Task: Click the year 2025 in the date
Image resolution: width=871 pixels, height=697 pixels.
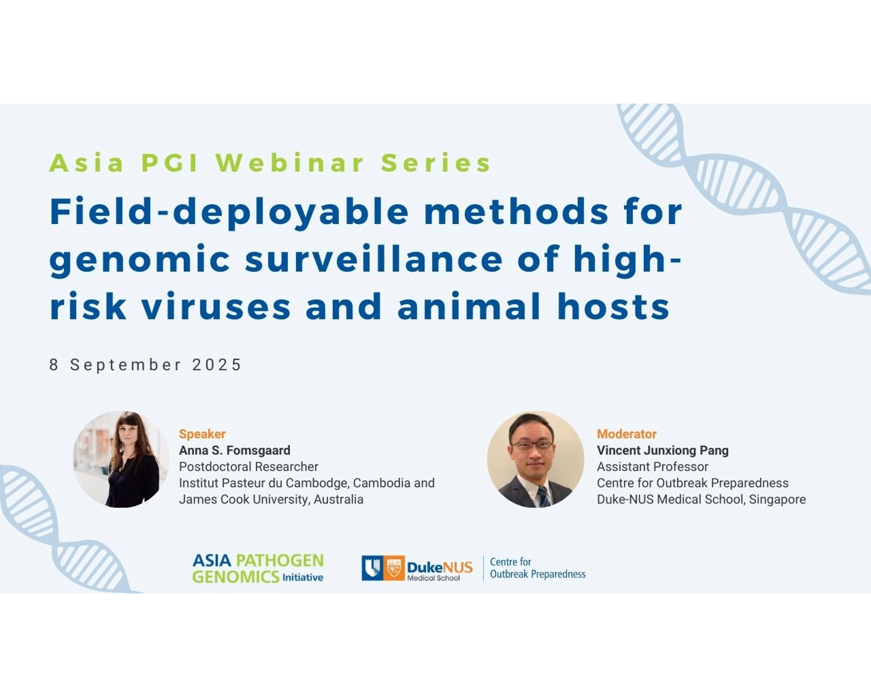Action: click(216, 364)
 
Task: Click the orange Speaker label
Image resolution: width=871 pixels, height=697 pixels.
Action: click(202, 434)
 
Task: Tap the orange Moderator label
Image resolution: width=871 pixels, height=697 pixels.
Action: click(627, 434)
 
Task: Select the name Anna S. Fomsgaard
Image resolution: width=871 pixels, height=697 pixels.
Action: click(235, 450)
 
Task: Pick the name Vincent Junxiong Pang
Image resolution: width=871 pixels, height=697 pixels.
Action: click(663, 450)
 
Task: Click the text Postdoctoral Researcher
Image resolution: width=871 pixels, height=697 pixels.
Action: click(248, 467)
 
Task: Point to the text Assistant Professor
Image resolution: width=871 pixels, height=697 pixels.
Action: click(652, 467)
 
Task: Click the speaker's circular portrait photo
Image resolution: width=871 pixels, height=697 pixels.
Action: click(121, 459)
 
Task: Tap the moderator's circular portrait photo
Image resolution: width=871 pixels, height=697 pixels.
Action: click(535, 459)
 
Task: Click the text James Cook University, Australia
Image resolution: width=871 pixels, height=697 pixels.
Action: click(271, 500)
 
